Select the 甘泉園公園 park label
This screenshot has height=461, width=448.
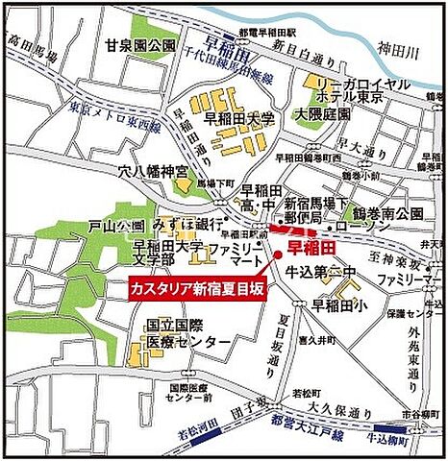click(141, 45)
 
